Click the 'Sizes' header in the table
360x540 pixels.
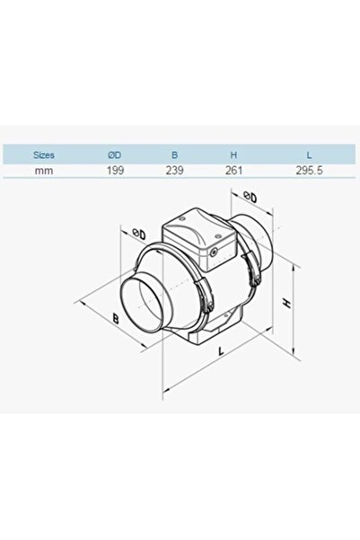pyautogui.click(x=43, y=154)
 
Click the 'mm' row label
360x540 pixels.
pyautogui.click(x=43, y=168)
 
